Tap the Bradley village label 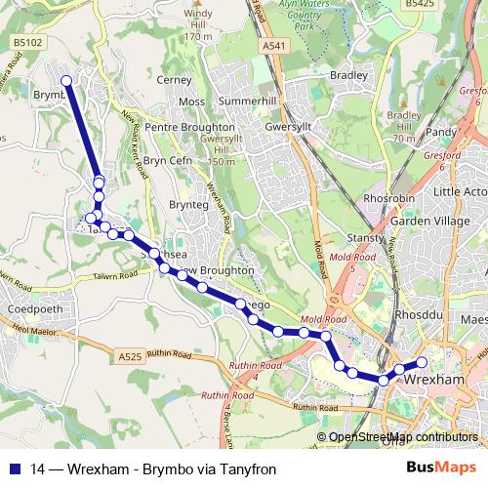tap(348, 75)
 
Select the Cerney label tap(175, 80)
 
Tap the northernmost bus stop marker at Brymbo tap(66, 81)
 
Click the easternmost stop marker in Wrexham tap(422, 363)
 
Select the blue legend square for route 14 tap(15, 468)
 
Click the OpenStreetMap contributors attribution tap(402, 437)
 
